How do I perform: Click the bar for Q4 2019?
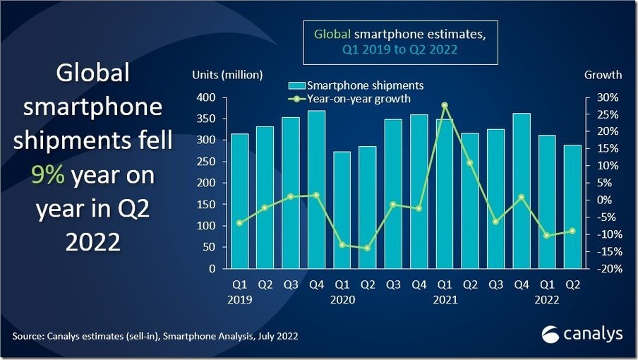click(x=316, y=190)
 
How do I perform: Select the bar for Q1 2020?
click(x=342, y=210)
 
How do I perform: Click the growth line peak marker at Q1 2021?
click(x=445, y=105)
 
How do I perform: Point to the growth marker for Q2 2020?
click(x=368, y=248)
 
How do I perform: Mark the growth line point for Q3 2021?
click(x=495, y=222)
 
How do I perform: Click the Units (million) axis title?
click(x=227, y=75)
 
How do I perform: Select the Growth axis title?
click(x=603, y=75)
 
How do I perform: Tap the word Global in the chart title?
click(x=331, y=33)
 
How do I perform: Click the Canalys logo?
click(x=583, y=332)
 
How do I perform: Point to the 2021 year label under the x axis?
click(x=446, y=299)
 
